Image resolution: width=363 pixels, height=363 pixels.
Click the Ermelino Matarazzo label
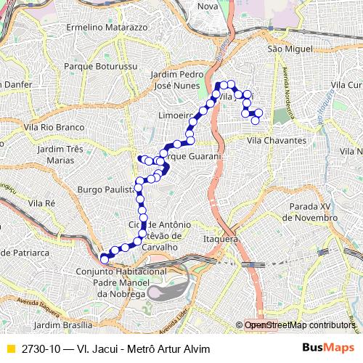[107, 27]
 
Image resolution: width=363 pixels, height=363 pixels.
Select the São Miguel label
[285, 48]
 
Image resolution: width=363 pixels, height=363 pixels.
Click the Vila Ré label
[42, 203]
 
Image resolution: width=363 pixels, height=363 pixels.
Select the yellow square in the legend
[10, 348]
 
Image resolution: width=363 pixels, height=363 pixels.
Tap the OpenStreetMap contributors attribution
[299, 325]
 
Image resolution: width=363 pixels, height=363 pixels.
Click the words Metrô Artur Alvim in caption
[168, 348]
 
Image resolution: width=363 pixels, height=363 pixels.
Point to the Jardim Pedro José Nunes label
[179, 80]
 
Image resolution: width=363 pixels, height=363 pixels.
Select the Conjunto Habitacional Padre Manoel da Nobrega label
[121, 282]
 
